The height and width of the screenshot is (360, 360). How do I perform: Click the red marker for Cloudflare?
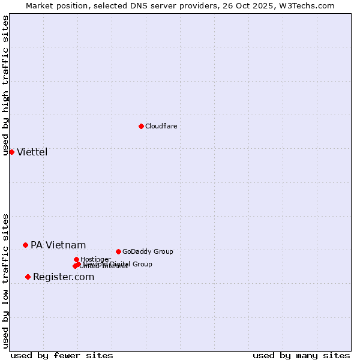pos(141,126)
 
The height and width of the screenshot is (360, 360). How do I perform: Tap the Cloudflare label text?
pos(161,126)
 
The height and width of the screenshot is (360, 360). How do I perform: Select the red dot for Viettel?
pos(11,152)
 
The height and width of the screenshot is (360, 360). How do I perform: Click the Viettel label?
pos(32,152)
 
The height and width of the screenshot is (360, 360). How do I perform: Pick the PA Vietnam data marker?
pos(25,245)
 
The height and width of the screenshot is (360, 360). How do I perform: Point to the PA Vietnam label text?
pos(58,245)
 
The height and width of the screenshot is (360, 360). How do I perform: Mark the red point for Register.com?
pos(28,277)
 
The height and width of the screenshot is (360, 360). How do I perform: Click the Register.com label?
pos(64,277)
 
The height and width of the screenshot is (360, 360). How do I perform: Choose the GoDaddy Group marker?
pos(118,251)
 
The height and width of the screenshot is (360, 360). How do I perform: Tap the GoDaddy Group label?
pos(148,251)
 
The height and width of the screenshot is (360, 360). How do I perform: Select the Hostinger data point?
pos(76,259)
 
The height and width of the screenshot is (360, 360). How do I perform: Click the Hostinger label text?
pos(95,259)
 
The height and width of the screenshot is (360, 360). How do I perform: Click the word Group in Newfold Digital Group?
pos(142,264)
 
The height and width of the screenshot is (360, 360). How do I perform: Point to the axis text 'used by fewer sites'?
pos(62,355)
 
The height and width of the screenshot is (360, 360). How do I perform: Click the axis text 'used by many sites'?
pos(301,355)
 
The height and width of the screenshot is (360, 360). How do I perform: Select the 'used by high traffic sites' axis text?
pos(6,85)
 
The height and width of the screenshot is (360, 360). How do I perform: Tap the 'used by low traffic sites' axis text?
pos(6,281)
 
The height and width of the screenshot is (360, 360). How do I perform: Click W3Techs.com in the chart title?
pos(310,5)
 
